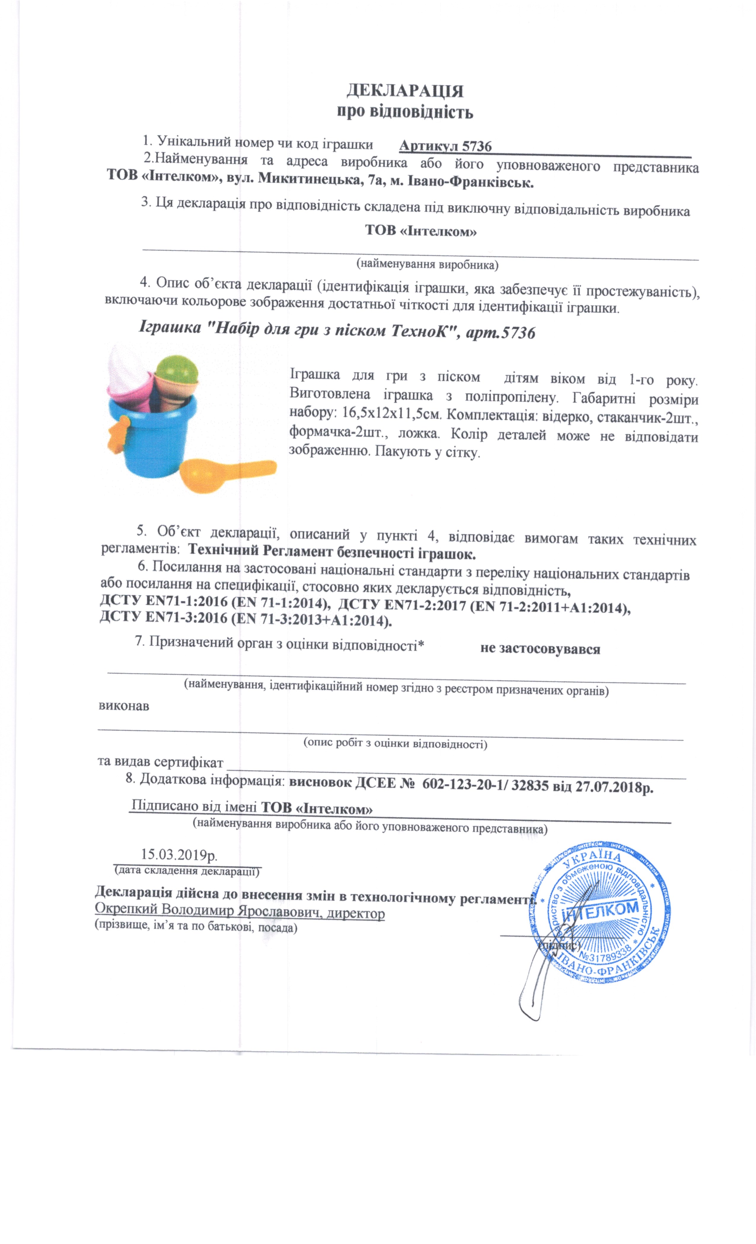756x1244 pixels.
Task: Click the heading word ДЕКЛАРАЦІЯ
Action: pyautogui.click(x=404, y=91)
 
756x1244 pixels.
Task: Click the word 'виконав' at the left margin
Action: pyautogui.click(x=124, y=706)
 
